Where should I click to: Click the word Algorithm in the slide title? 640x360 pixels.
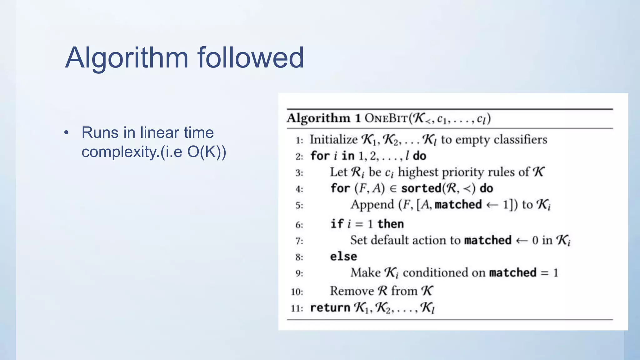127,58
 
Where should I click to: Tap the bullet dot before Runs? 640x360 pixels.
66,133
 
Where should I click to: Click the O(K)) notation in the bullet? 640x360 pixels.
207,152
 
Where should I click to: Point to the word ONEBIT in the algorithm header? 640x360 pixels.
386,118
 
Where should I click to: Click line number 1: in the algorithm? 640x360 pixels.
299,140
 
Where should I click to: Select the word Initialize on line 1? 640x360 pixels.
333,140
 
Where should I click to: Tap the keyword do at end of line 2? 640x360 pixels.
419,156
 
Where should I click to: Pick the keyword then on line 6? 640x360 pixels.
390,224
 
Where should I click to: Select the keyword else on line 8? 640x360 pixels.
343,257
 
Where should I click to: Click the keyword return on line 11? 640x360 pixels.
330,308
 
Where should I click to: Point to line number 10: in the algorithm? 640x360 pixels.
297,292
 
